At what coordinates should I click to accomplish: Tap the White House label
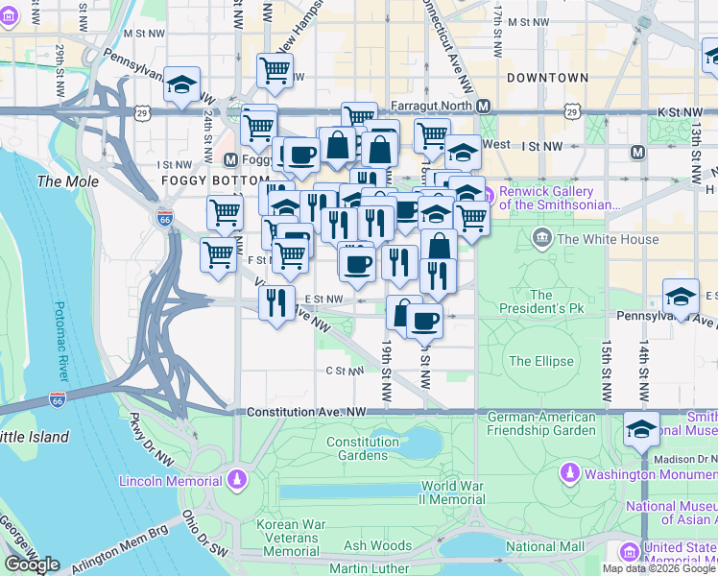(608, 239)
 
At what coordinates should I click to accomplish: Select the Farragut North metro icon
(484, 106)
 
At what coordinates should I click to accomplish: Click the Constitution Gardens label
(362, 448)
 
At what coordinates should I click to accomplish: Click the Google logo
(32, 564)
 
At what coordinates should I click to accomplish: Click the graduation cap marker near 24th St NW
(181, 85)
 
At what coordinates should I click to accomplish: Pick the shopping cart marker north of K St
(275, 70)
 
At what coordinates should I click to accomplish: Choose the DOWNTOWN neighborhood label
(547, 77)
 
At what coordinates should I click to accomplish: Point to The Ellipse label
(540, 362)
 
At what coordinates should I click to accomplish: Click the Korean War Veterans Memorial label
(291, 539)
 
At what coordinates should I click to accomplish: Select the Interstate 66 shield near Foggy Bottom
(164, 217)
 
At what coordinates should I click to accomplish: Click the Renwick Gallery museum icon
(487, 198)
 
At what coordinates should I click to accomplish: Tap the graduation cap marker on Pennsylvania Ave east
(682, 295)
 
